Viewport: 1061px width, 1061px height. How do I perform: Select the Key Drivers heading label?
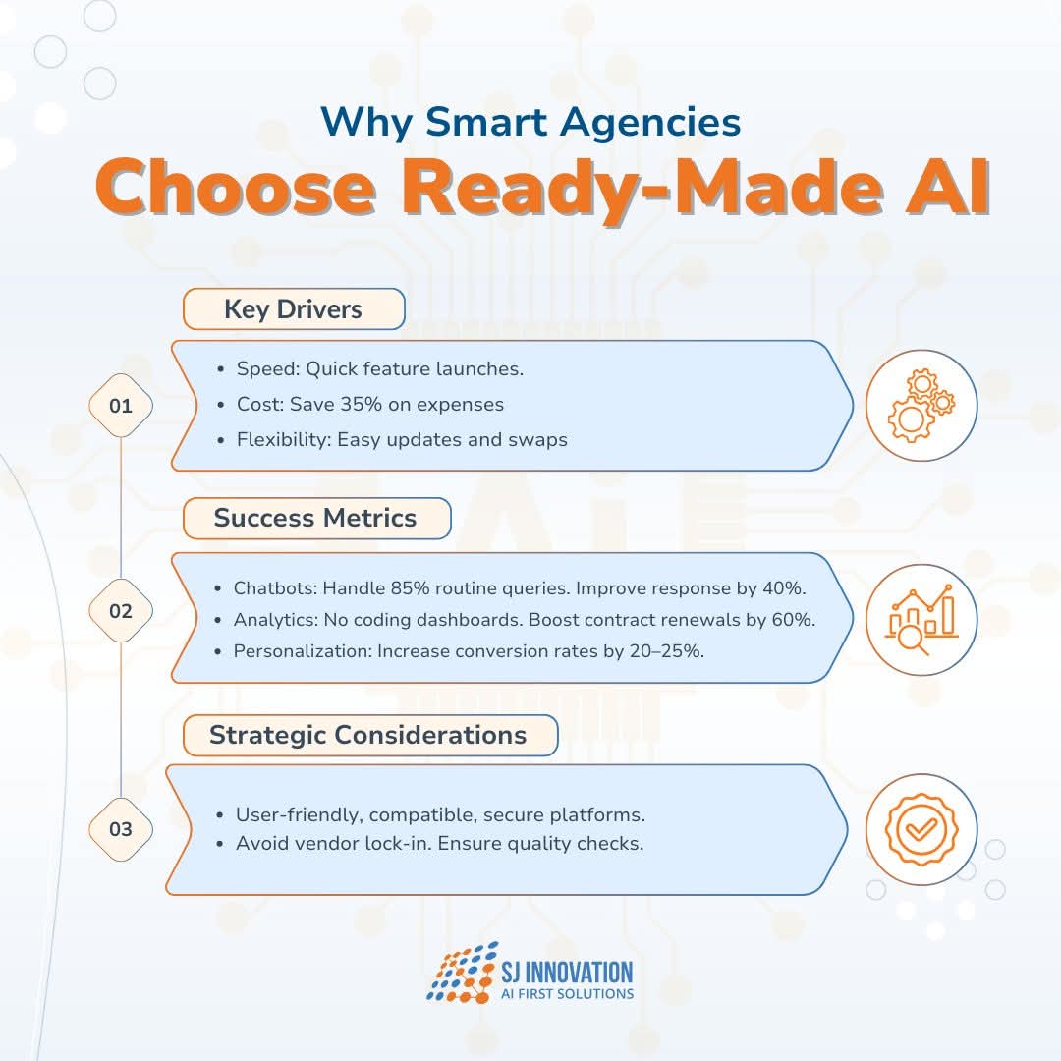point(294,309)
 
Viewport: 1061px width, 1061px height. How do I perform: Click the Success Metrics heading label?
point(316,519)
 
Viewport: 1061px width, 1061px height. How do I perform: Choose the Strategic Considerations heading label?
point(369,735)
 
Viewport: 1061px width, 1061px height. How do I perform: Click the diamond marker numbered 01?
point(121,406)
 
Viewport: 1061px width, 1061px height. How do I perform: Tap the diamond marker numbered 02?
point(121,611)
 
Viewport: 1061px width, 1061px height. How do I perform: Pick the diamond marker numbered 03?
point(121,829)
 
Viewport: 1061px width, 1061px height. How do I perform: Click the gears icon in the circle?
point(921,406)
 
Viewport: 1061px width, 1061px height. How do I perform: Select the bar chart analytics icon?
point(921,620)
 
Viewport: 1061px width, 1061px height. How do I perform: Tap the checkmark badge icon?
point(921,829)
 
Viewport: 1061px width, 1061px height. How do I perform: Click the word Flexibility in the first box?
point(284,440)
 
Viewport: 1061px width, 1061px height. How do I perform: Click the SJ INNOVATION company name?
point(567,973)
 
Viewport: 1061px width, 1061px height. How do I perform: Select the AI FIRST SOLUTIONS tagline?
point(567,994)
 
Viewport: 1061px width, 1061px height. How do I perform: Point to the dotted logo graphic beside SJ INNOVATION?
point(462,972)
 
